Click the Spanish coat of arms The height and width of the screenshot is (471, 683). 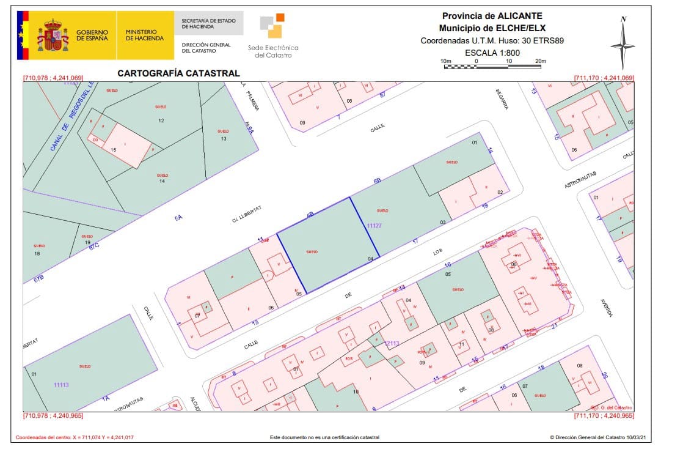tap(53, 35)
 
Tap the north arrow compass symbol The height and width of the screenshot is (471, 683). tap(623, 43)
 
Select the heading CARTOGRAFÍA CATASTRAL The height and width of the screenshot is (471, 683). tap(178, 73)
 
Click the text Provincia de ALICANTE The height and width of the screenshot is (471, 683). tap(492, 16)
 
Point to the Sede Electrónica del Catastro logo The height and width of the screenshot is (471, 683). tap(273, 36)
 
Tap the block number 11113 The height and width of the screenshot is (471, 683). tap(61, 385)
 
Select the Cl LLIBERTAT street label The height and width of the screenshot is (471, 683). tap(247, 215)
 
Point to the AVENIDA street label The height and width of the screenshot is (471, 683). tap(607, 306)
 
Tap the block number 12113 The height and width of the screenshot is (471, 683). tap(392, 343)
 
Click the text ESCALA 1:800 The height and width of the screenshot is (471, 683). tap(492, 53)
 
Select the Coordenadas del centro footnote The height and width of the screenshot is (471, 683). tap(74, 437)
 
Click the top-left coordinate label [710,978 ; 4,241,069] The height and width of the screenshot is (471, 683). tap(53, 78)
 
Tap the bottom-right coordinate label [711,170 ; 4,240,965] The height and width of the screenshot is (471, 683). tap(604, 416)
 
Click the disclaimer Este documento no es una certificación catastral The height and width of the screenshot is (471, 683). tap(324, 437)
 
